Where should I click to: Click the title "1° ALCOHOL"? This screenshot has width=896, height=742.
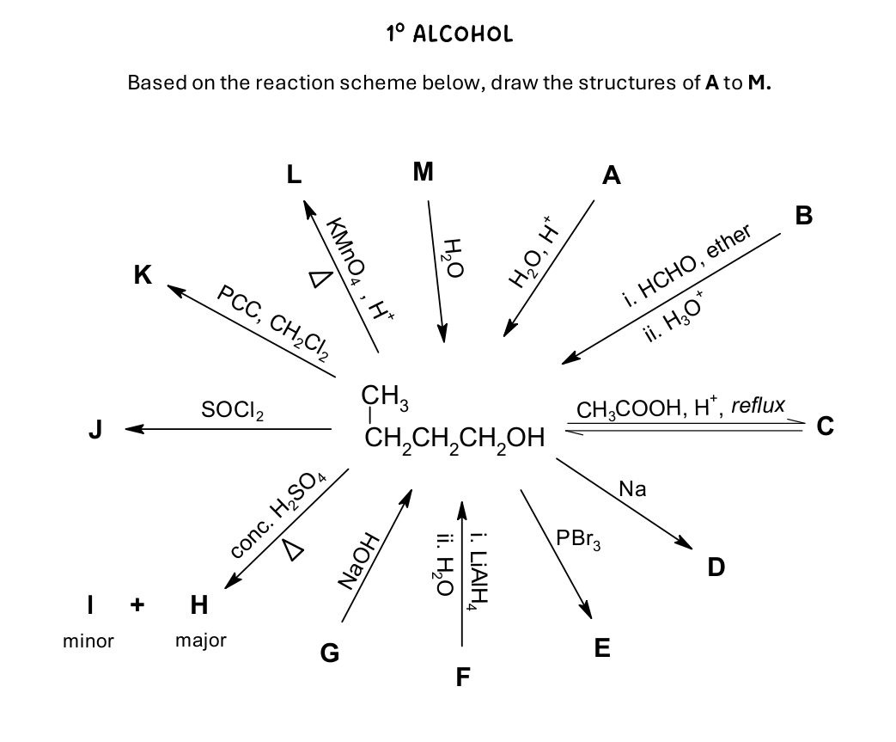449,34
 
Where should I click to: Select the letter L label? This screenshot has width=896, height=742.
295,175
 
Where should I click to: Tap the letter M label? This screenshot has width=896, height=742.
423,172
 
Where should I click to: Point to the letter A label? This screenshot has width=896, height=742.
611,176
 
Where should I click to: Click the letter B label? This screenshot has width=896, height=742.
803,215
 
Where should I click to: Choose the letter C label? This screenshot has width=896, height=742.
826,426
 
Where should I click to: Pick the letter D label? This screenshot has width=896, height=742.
716,567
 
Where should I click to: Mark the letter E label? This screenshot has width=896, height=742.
602,648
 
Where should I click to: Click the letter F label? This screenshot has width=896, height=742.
463,678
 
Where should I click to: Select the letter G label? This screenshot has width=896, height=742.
329,655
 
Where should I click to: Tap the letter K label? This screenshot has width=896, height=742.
143,276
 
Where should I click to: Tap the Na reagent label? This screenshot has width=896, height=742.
632,489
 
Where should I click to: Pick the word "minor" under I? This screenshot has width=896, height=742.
88,641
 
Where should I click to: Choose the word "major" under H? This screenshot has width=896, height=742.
200,641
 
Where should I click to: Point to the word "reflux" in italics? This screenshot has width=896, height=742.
757,404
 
